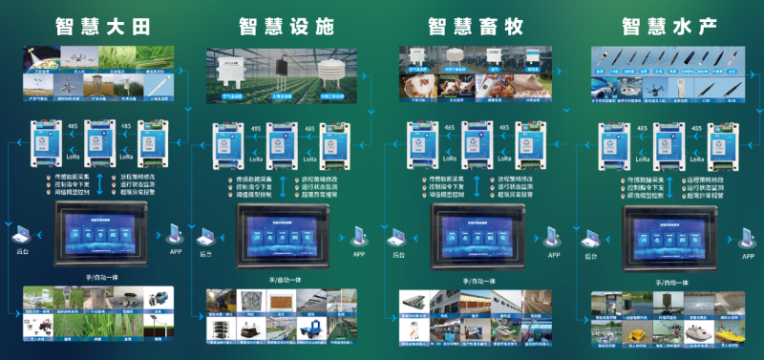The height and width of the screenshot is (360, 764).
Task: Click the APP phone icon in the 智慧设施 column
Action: tap(359, 235)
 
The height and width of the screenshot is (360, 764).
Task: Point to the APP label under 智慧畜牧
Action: tap(553, 256)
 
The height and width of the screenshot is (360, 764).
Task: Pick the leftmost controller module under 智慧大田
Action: tap(45, 141)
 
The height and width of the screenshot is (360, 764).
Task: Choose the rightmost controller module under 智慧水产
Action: tap(722, 142)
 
